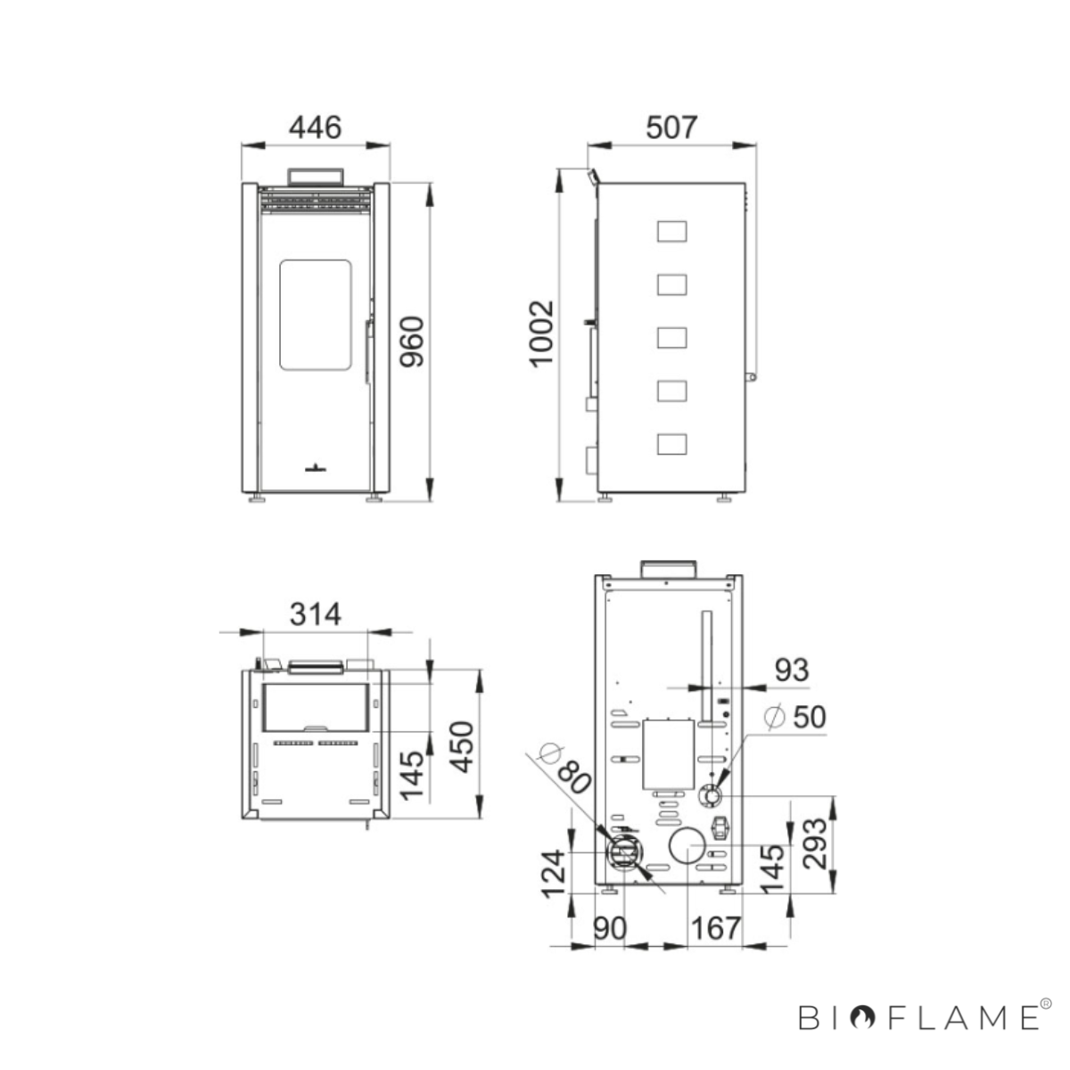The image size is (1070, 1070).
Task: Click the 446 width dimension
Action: click(315, 128)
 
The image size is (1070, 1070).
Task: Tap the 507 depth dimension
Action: click(671, 128)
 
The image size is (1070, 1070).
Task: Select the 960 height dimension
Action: click(412, 342)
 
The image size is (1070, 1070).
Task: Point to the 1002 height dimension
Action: click(541, 333)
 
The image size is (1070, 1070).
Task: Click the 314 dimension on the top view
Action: click(315, 614)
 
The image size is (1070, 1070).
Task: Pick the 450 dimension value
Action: click(461, 747)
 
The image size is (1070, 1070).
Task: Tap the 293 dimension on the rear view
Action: click(815, 843)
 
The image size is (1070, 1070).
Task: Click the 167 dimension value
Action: click(716, 928)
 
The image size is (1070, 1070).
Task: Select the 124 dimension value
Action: click(554, 874)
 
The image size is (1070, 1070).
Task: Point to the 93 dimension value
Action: click(792, 671)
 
